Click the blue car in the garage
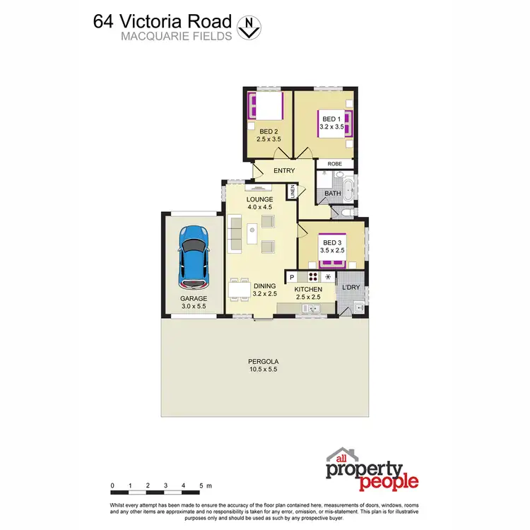193,257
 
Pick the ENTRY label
284,170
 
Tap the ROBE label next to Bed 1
334,163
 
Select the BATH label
332,193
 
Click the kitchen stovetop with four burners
312,277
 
